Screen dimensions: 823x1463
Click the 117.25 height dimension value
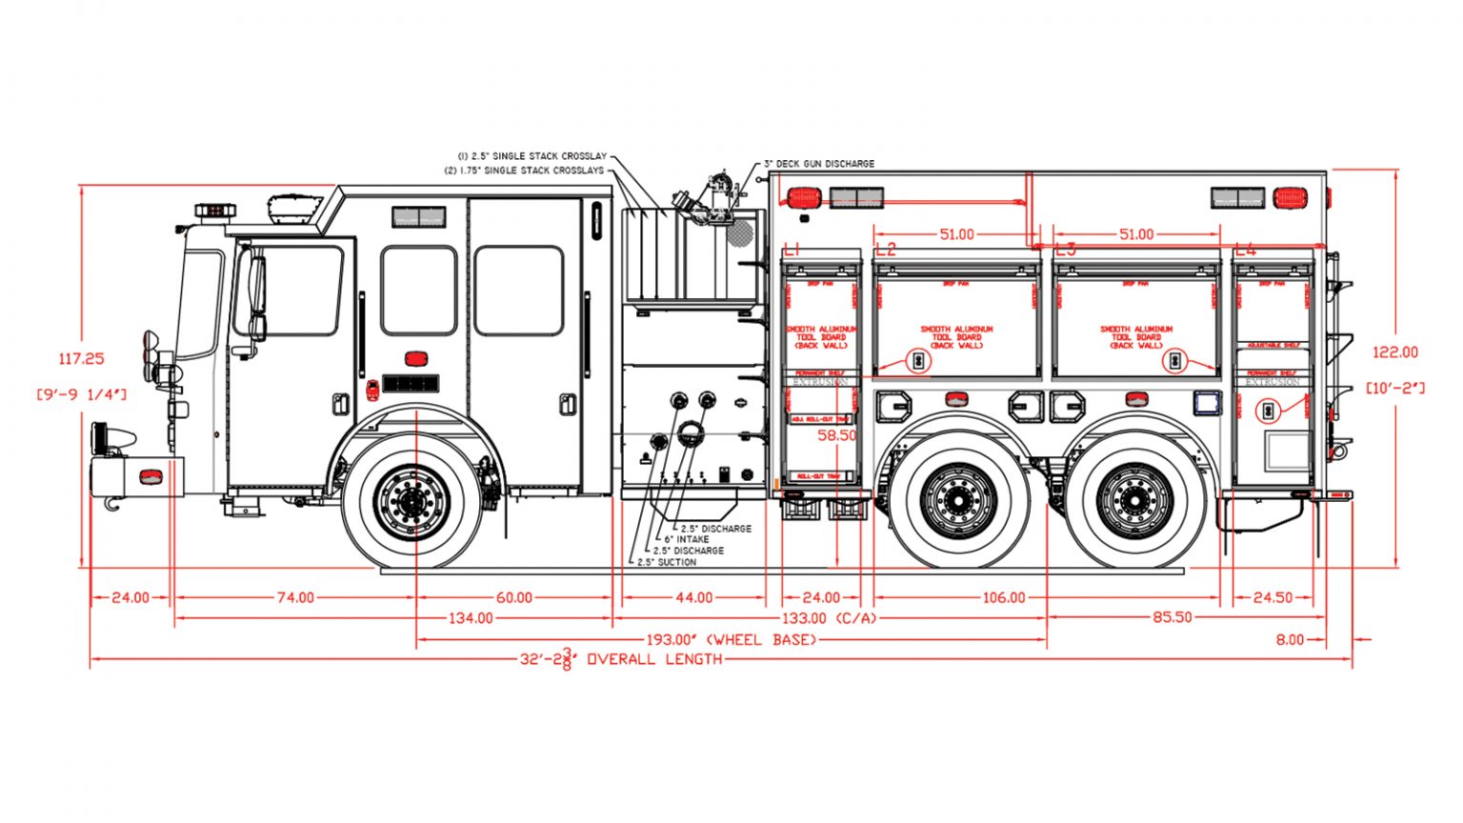[81, 359]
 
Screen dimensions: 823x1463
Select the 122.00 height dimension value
[1394, 352]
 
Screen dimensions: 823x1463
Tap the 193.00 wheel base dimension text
[731, 640]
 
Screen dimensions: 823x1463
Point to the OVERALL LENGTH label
[654, 659]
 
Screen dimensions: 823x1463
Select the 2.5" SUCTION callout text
[667, 562]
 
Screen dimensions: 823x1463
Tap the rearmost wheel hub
[1134, 500]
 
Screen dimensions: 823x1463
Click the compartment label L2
[885, 250]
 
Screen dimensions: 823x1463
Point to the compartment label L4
[1244, 250]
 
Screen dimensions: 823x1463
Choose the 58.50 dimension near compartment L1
[837, 435]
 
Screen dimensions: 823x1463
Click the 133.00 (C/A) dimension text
[829, 618]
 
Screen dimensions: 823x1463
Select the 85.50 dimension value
[1172, 617]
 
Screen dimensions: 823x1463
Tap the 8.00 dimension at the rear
[1290, 640]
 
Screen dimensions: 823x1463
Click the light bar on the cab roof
[215, 210]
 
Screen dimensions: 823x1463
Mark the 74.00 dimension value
[295, 598]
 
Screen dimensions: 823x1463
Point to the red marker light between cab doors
[415, 359]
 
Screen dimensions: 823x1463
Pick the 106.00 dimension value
[1004, 598]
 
